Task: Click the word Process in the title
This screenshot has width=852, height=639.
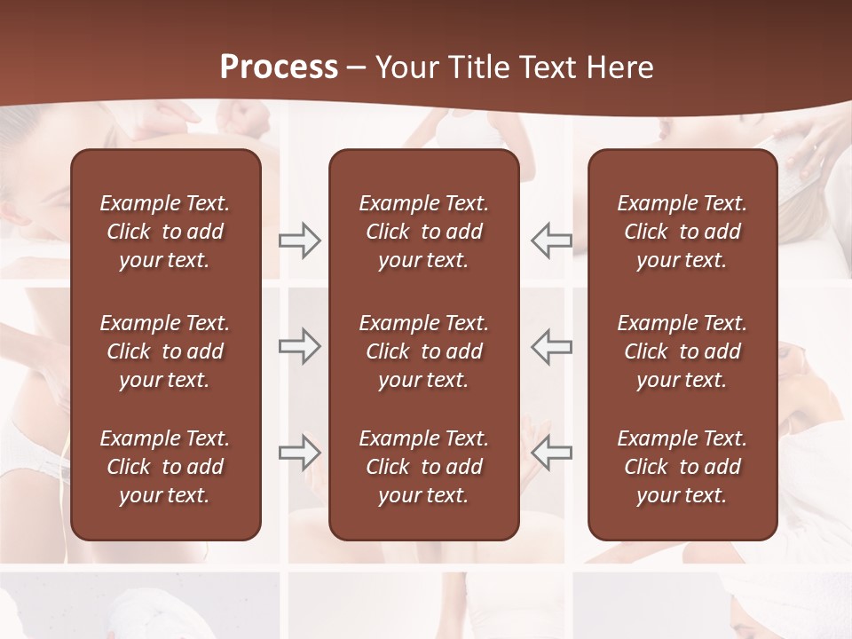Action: [x=279, y=67]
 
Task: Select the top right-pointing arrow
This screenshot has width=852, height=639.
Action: [x=300, y=241]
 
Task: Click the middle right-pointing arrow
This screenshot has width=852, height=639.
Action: [x=300, y=346]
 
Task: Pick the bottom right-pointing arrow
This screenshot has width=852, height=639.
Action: [x=300, y=452]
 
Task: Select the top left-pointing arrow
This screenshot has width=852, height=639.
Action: [x=552, y=241]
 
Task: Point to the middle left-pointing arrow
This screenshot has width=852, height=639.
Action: [x=552, y=346]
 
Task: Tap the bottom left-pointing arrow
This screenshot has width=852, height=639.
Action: [x=552, y=452]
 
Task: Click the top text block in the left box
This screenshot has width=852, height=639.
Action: [x=165, y=232]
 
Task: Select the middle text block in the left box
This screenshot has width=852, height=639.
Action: [x=165, y=351]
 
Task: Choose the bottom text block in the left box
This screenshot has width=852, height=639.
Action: [x=165, y=467]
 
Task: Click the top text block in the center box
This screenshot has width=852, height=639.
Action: [x=424, y=232]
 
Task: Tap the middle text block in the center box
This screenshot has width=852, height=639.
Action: [x=424, y=351]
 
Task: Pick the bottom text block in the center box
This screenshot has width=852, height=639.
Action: [x=424, y=467]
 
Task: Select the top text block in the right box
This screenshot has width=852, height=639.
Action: [x=682, y=232]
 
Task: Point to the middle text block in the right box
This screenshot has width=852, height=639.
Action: [x=682, y=351]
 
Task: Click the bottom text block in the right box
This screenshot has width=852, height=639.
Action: [x=682, y=467]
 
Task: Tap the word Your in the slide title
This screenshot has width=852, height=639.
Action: [x=405, y=67]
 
